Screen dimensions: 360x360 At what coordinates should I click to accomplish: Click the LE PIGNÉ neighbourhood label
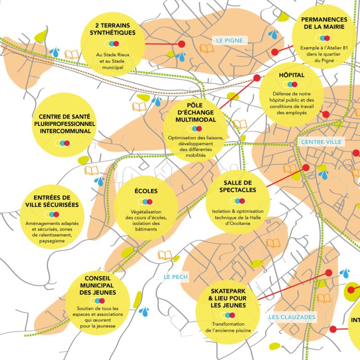pyautogui.click(x=229, y=40)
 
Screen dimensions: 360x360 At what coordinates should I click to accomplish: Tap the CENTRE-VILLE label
pyautogui.click(x=321, y=142)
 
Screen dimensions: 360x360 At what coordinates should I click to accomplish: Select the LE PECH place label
pyautogui.click(x=176, y=276)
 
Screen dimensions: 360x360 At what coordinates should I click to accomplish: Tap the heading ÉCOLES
pyautogui.click(x=146, y=191)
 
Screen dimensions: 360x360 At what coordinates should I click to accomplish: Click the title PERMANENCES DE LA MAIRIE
pyautogui.click(x=324, y=23)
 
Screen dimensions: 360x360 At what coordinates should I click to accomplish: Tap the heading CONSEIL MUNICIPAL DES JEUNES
pyautogui.click(x=98, y=285)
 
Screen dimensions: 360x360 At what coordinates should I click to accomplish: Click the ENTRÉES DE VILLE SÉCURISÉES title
pyautogui.click(x=52, y=201)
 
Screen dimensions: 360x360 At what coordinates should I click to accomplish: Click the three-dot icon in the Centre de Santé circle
pyautogui.click(x=62, y=143)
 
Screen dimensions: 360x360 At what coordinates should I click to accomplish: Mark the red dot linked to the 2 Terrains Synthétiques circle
pyautogui.click(x=182, y=44)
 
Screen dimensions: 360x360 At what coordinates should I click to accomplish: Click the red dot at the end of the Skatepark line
pyautogui.click(x=328, y=272)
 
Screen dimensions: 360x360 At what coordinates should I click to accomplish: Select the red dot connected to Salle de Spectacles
pyautogui.click(x=306, y=167)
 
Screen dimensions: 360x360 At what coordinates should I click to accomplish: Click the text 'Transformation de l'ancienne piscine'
pyautogui.click(x=228, y=327)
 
